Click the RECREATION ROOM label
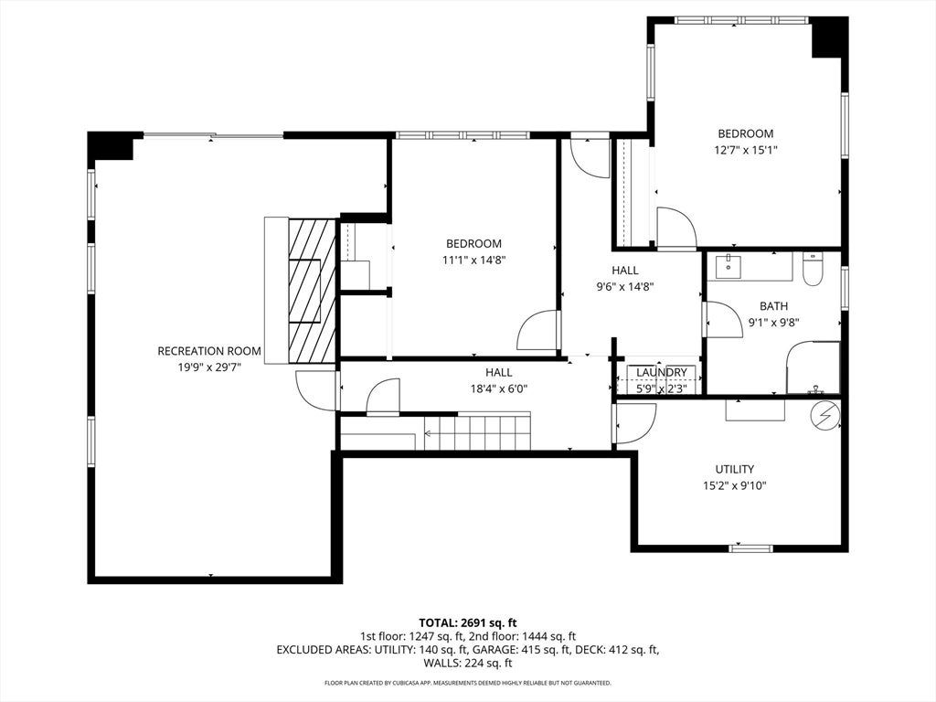pos(209,351)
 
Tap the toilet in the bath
pos(813,269)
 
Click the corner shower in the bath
pos(813,367)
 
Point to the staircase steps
pos(477,432)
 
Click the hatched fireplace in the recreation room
pos(312,291)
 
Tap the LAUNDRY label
pos(662,373)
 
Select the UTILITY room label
pos(734,469)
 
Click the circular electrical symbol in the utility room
pos(825,414)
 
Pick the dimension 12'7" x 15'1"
pos(746,151)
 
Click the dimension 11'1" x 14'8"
pos(474,261)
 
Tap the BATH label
pos(773,306)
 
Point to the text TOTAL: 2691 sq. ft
pos(467,623)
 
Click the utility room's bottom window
pos(751,548)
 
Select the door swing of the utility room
pos(635,424)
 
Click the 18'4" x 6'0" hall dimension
pos(498,389)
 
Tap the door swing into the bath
pos(724,320)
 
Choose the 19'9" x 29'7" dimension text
pos(209,367)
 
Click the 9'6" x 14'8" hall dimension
pos(625,287)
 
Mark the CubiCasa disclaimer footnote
pos(467,683)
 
